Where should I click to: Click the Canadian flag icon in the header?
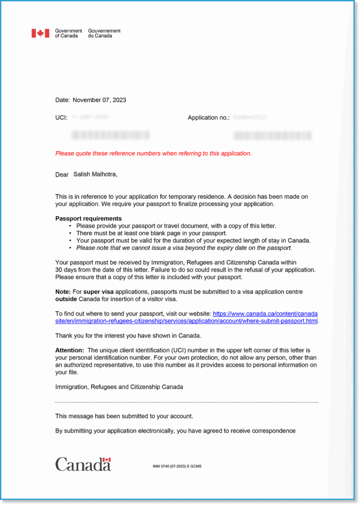(40, 33)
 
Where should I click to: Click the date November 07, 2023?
(99, 100)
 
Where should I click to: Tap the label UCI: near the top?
(61, 118)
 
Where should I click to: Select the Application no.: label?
(209, 118)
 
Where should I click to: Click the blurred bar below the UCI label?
(110, 135)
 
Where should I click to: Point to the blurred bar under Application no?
(272, 136)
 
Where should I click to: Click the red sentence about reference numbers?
(153, 153)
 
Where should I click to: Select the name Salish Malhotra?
(95, 174)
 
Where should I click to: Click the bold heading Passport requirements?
(88, 218)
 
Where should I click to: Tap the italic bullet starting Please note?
(184, 248)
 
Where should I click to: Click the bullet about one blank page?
(151, 233)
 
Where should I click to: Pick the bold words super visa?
(98, 292)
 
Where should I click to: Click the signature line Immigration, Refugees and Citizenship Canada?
(119, 387)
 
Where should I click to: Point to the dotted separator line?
(186, 402)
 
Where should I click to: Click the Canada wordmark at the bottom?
(83, 464)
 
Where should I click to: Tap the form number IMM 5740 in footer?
(177, 466)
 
